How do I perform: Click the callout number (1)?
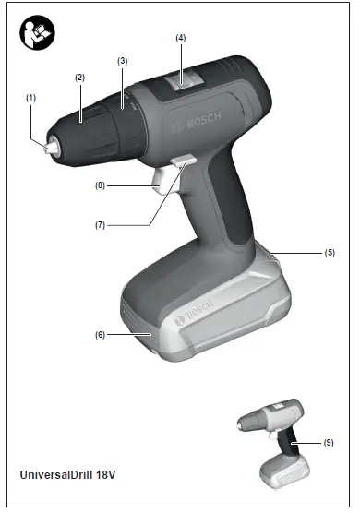(x=30, y=97)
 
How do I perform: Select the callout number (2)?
(x=79, y=77)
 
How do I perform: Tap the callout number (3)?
(x=122, y=60)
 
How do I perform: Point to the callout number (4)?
(x=181, y=38)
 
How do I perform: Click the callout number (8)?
(x=99, y=185)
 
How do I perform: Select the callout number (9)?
(x=329, y=442)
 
